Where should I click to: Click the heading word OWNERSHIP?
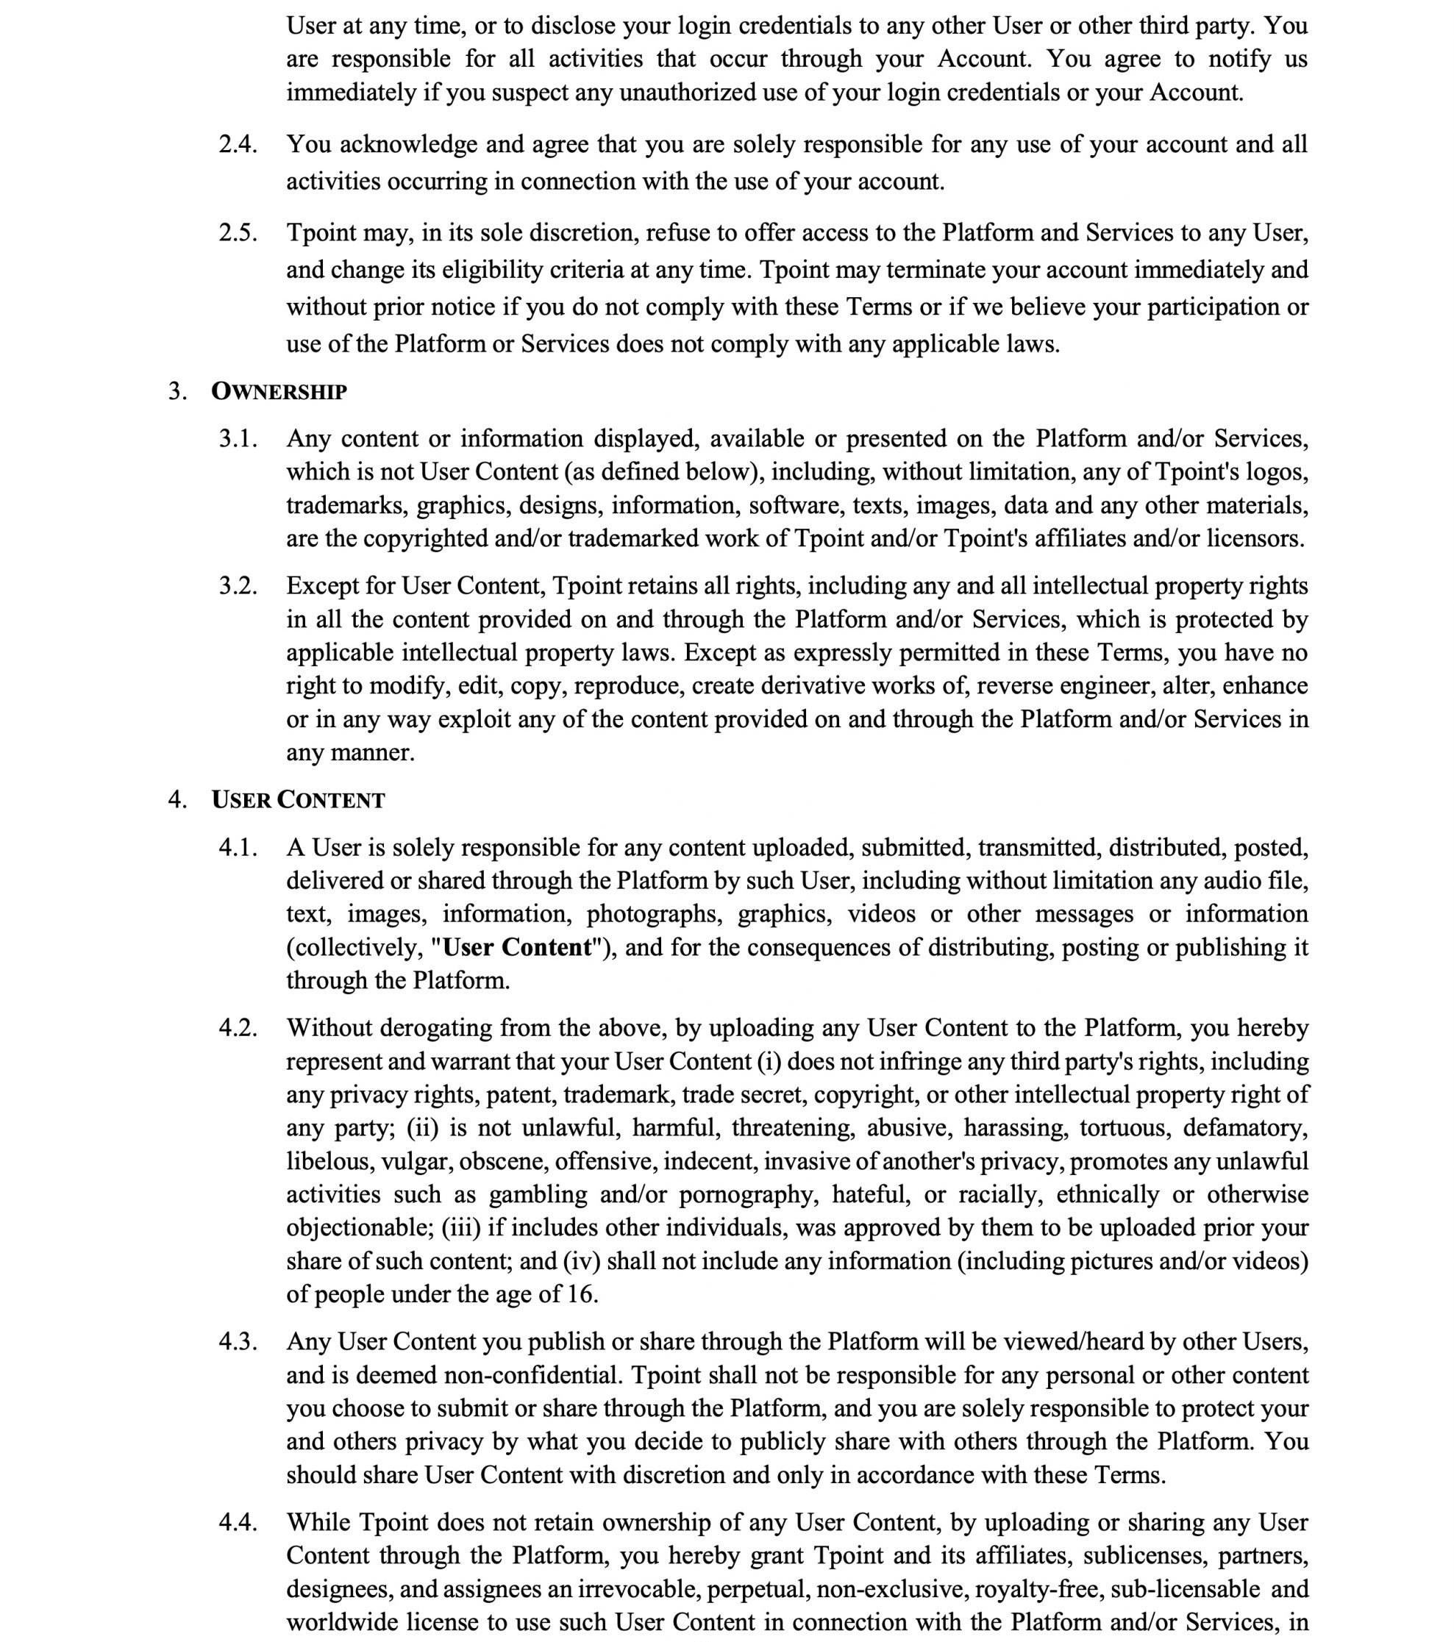click(279, 391)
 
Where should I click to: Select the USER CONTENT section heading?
click(298, 800)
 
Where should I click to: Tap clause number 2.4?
click(238, 145)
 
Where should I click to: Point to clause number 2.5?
click(238, 233)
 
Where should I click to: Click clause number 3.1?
click(238, 438)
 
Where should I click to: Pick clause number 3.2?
click(238, 585)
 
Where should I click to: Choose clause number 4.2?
click(238, 1027)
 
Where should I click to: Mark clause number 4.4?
click(238, 1521)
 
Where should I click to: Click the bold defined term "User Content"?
click(517, 947)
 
